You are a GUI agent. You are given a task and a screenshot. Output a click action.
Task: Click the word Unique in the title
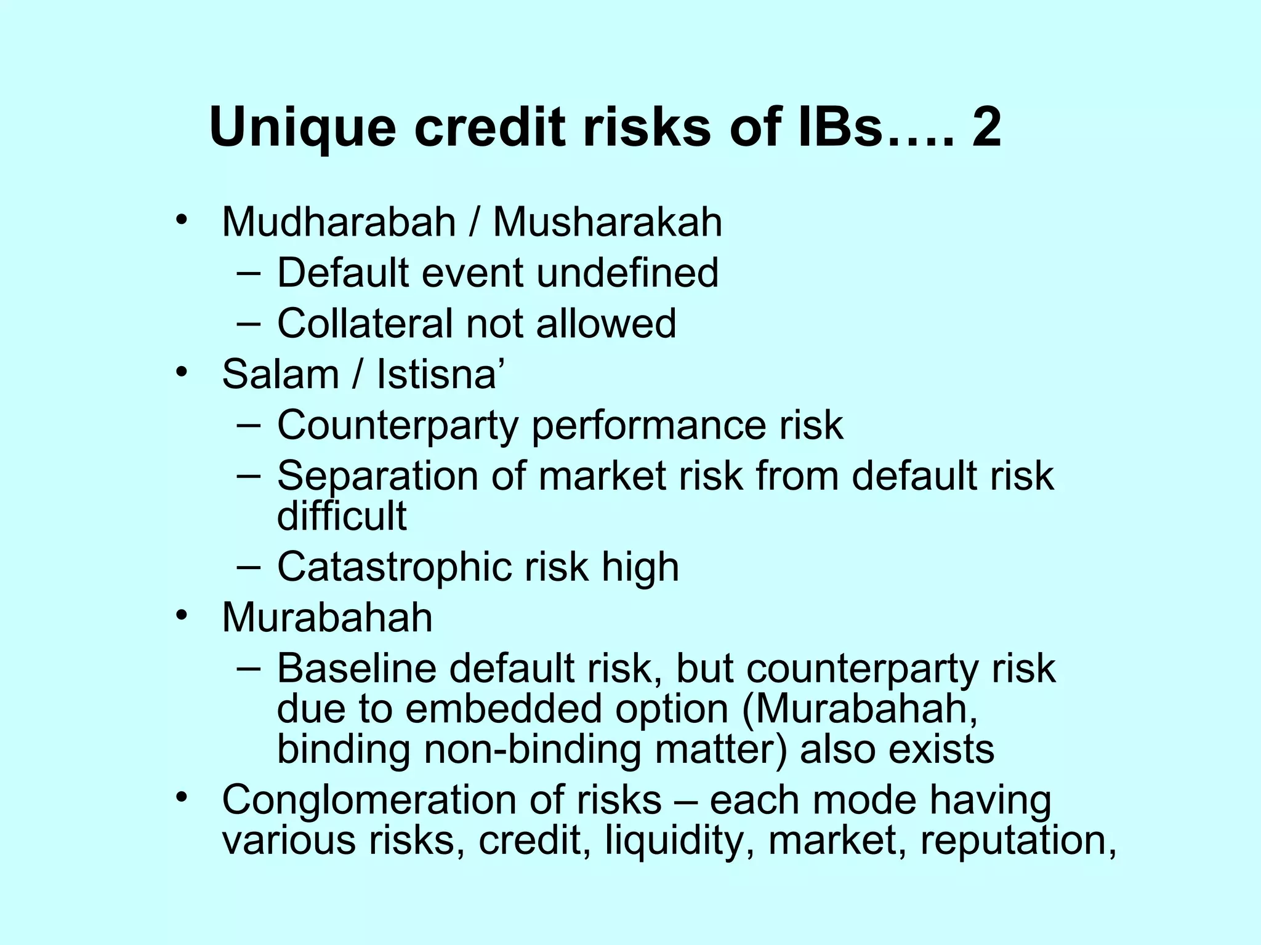click(302, 128)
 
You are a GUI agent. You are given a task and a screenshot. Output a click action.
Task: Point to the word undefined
click(627, 273)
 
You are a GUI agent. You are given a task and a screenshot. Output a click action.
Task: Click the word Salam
click(280, 374)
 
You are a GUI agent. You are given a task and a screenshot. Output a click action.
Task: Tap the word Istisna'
click(441, 374)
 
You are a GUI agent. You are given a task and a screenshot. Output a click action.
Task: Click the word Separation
click(377, 476)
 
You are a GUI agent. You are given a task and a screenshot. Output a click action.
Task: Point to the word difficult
click(342, 516)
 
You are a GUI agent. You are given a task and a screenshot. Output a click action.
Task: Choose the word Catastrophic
click(394, 567)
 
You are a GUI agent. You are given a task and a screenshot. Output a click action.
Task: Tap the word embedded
click(503, 709)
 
